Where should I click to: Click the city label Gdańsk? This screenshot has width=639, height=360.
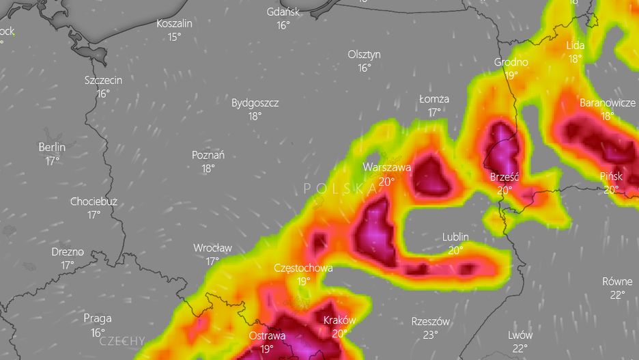[283, 12]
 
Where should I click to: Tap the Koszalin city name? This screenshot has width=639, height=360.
[174, 23]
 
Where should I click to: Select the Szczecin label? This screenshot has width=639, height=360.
[103, 80]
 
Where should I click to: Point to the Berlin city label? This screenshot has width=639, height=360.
[52, 147]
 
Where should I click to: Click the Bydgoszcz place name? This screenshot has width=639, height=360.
[255, 103]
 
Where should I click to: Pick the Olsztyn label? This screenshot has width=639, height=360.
[364, 55]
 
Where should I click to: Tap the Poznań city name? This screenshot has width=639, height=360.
[208, 155]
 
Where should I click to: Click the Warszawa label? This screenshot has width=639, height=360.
[386, 167]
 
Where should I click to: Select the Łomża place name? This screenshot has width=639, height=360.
[434, 99]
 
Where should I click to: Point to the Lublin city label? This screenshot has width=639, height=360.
[455, 237]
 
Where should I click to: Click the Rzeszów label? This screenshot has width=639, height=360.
[431, 322]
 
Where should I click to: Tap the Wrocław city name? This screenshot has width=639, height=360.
[212, 248]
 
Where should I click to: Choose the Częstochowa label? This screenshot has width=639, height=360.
[303, 268]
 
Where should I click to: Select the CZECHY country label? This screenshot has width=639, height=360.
[122, 340]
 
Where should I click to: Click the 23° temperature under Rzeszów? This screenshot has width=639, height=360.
[430, 335]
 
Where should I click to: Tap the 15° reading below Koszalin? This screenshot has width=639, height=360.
[175, 36]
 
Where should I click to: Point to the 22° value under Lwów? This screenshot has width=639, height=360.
[520, 348]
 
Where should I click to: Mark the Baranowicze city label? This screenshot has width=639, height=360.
[608, 103]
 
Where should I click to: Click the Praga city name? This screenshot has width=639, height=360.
[97, 318]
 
